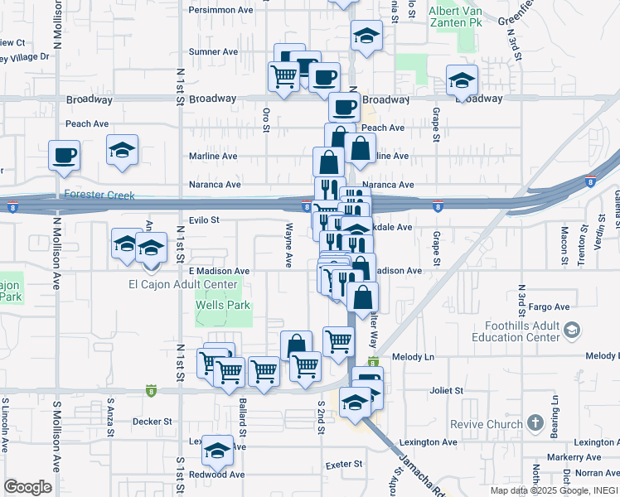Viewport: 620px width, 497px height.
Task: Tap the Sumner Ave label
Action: (x=214, y=51)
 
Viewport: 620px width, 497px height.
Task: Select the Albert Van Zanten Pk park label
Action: (x=455, y=17)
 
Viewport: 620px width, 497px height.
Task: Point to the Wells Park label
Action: (x=222, y=305)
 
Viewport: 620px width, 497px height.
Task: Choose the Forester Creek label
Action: (x=97, y=195)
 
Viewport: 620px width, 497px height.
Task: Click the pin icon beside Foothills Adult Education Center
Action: (x=571, y=331)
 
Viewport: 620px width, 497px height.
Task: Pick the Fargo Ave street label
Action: (x=551, y=306)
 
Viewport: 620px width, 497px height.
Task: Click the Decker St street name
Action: (x=152, y=421)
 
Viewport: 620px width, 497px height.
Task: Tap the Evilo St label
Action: (x=202, y=220)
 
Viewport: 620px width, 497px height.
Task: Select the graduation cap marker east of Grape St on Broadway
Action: (x=462, y=80)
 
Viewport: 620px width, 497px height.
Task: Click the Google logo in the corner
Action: (x=27, y=487)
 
